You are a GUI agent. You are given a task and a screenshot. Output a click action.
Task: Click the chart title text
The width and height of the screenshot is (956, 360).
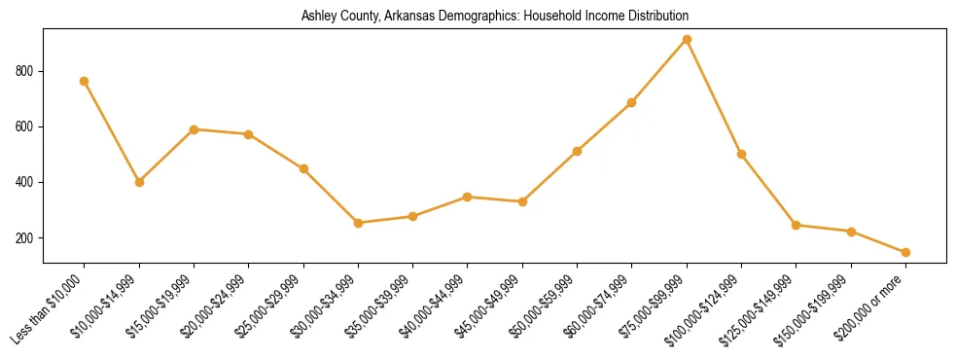coord(495,16)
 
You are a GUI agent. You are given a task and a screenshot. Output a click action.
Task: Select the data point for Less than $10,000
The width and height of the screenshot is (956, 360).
coord(85,81)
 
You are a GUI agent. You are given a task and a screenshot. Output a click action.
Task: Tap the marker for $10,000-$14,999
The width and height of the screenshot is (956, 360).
coord(139,182)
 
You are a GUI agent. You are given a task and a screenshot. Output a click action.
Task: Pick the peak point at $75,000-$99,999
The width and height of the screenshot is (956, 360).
coord(687,40)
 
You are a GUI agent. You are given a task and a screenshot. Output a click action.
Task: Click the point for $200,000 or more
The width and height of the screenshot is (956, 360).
coord(905,252)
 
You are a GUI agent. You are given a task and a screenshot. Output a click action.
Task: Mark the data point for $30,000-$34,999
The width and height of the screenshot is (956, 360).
coord(359,223)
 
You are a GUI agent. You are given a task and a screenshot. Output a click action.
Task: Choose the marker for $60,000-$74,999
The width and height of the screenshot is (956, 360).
coord(632,102)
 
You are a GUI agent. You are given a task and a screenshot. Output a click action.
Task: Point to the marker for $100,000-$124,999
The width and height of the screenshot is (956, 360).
coord(742,154)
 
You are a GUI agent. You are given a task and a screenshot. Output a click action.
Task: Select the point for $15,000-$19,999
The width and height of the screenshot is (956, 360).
coord(195,129)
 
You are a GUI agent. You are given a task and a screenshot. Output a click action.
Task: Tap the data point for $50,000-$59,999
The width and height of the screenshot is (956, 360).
coord(578,151)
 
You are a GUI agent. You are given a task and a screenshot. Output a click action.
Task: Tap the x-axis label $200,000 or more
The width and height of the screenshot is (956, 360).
coord(870,308)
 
